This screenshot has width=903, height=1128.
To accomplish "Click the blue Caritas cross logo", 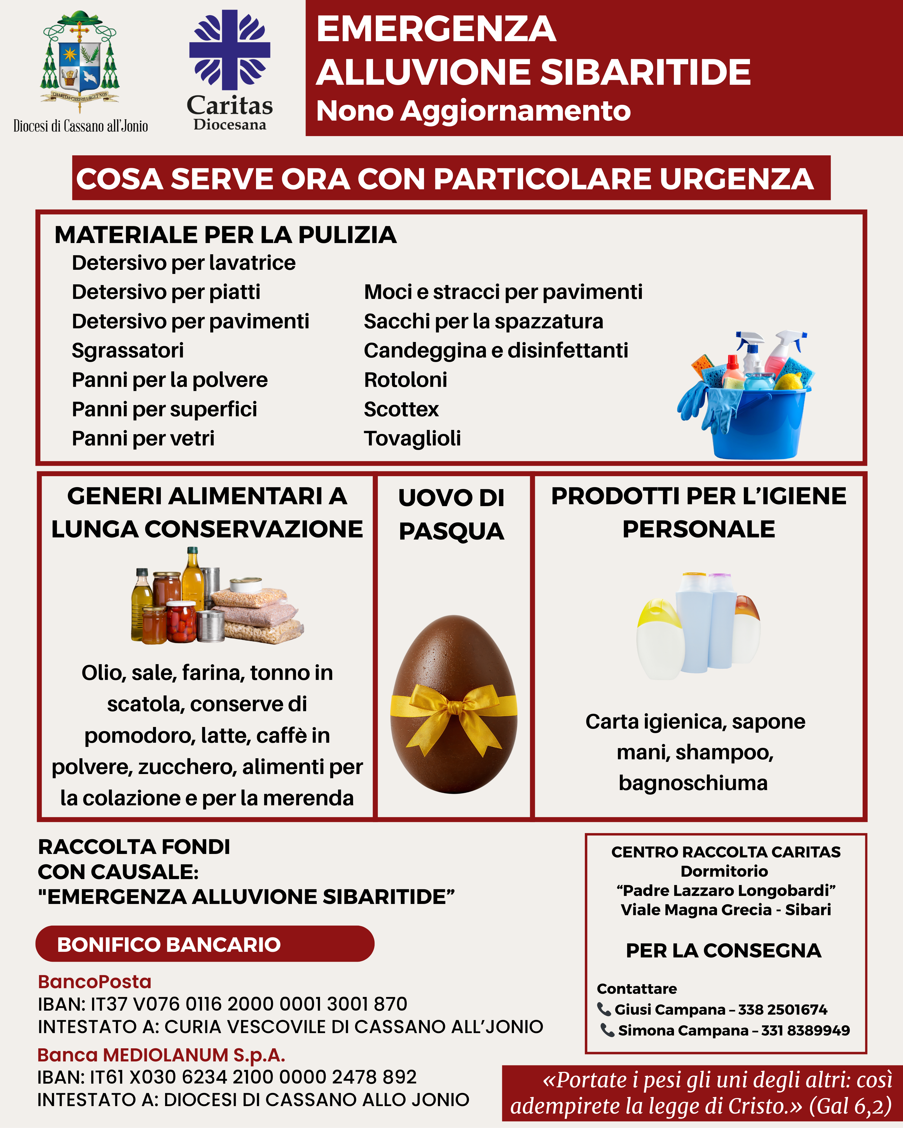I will pyautogui.click(x=229, y=50).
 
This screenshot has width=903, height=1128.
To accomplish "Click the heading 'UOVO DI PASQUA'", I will pyautogui.click(x=451, y=514).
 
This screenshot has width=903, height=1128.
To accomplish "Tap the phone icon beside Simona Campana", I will pyautogui.click(x=607, y=1030).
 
